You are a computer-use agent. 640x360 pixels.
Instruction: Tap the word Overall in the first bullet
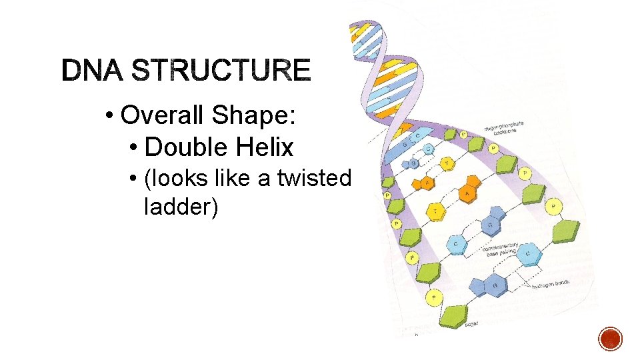pos(164,115)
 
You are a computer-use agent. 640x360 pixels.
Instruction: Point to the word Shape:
pos(254,115)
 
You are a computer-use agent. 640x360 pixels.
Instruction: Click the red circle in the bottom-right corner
pos(610,338)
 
